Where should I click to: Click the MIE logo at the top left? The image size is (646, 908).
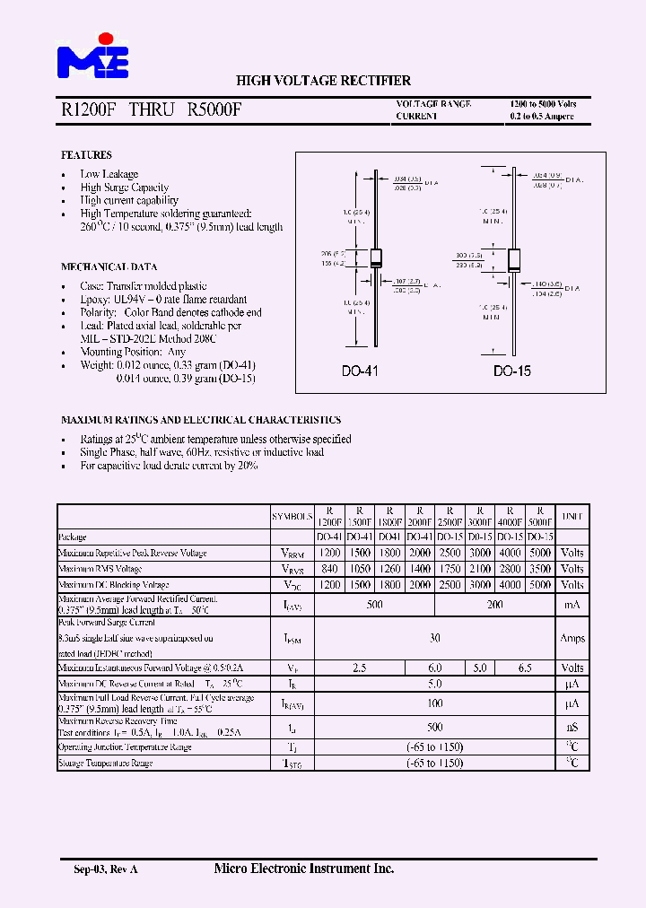(x=93, y=57)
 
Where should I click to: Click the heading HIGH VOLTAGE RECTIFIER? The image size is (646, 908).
(x=323, y=81)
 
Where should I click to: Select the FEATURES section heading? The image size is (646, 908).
(x=86, y=155)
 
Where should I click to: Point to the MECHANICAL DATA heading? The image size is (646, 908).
(x=109, y=266)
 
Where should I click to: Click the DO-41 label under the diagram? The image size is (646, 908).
(x=361, y=371)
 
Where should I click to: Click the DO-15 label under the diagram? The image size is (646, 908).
(x=512, y=371)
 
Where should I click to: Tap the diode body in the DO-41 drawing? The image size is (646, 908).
(x=377, y=257)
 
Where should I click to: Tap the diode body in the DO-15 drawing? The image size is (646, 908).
(x=515, y=259)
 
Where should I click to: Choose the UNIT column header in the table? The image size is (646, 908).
(x=572, y=517)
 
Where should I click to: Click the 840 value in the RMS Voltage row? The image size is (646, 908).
(x=329, y=569)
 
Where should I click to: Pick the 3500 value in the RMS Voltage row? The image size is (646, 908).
(x=540, y=569)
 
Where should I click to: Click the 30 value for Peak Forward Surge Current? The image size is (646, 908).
(x=434, y=638)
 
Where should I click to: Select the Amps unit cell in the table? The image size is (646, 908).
(x=572, y=638)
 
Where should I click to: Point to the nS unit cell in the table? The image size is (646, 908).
(x=572, y=727)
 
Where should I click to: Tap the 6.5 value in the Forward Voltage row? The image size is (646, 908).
(x=525, y=668)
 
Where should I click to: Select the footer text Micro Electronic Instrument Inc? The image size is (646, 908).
(x=304, y=869)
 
